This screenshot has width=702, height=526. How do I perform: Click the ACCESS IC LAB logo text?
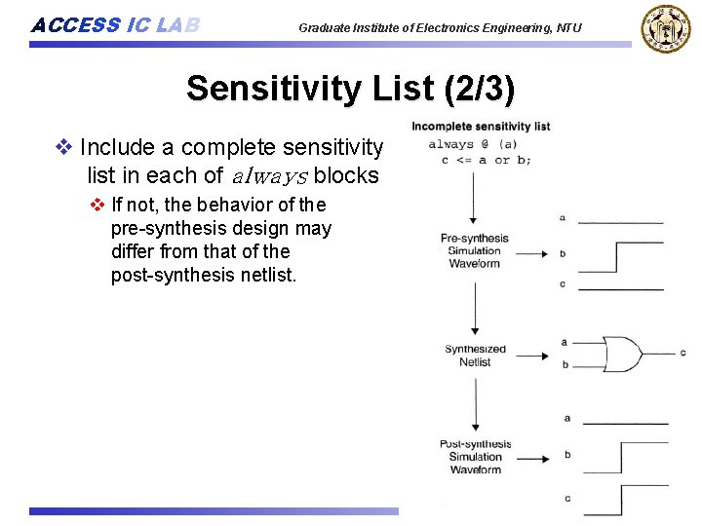[x=115, y=25]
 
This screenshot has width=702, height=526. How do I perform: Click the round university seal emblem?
[x=664, y=27]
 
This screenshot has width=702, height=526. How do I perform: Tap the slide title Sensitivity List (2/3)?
[x=350, y=89]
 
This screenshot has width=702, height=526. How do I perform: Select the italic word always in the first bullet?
[x=270, y=176]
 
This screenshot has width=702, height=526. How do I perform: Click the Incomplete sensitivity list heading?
[x=481, y=127]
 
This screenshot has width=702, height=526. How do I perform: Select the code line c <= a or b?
[x=487, y=160]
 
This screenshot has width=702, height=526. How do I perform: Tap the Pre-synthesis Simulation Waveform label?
[x=475, y=250]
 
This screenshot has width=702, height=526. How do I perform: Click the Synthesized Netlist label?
[x=475, y=356]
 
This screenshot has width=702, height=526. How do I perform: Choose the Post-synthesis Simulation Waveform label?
[x=475, y=457]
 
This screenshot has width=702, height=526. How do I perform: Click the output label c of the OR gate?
[x=682, y=353]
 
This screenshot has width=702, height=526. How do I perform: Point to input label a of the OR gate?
[x=565, y=342]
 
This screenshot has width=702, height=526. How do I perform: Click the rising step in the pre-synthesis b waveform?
[x=617, y=257]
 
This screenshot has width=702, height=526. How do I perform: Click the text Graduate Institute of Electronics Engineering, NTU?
[x=440, y=27]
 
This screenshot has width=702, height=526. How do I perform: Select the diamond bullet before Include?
[x=63, y=148]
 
